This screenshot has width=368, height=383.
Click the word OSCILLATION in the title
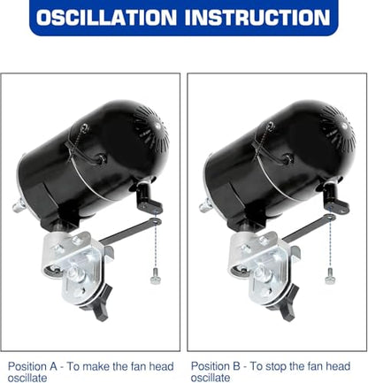106,18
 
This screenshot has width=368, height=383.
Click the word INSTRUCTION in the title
257,18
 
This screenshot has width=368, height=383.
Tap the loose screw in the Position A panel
155,277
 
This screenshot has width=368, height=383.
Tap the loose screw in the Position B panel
329,277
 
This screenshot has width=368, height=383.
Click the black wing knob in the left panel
99,303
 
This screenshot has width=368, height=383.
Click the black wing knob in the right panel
285,303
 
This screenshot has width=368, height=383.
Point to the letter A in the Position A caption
53,367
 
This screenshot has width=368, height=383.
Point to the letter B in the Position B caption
236,366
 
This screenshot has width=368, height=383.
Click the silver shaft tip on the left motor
19,205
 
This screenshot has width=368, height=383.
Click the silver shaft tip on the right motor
205,205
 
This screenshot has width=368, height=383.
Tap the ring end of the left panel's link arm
156,221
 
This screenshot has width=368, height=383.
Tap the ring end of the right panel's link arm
329,218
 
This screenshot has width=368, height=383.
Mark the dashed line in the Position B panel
330,238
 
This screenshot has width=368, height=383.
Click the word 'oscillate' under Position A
27,378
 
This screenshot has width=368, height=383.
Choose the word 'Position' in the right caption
210,366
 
